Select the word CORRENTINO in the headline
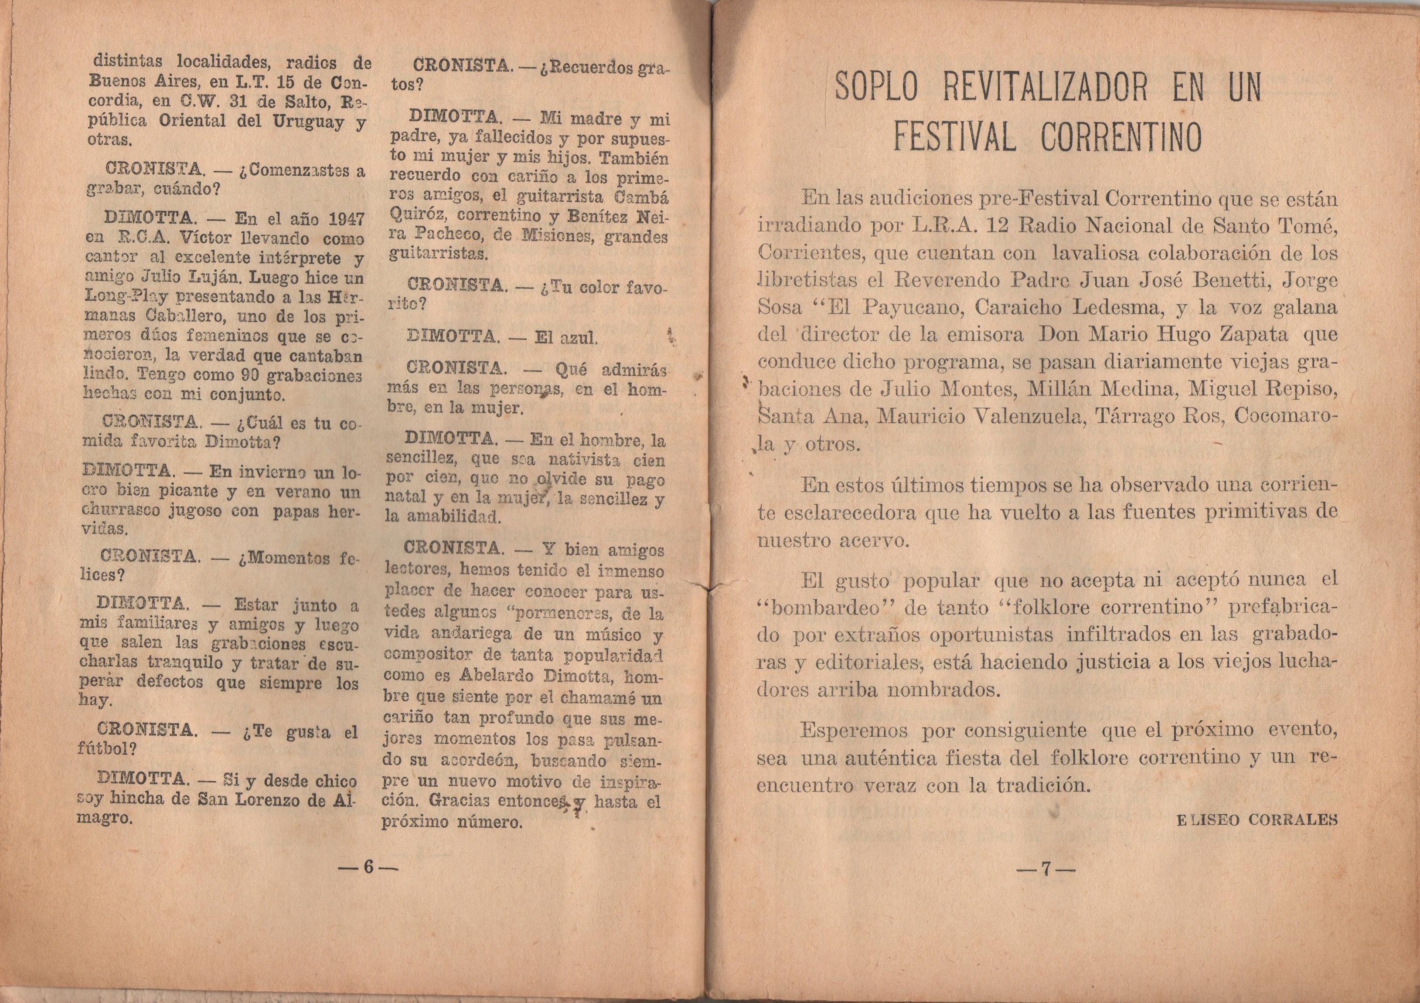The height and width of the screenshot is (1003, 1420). pos(1120,139)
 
